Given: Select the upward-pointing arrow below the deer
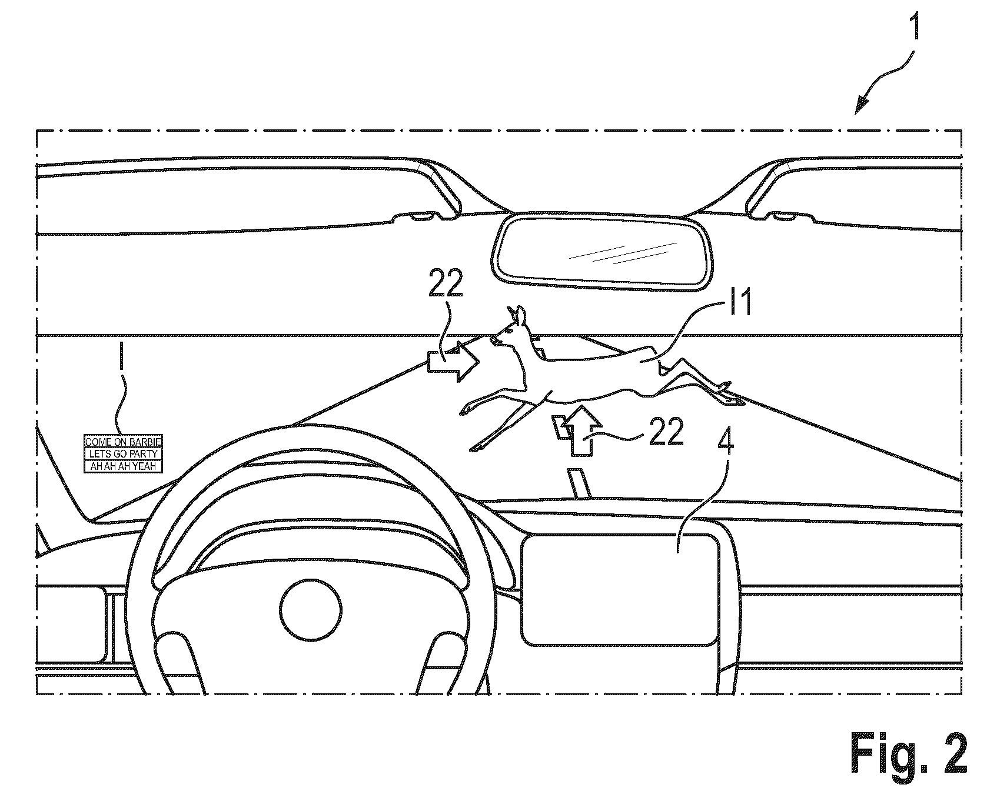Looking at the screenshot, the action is (x=579, y=428).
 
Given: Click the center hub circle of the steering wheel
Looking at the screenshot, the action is (x=310, y=612).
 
